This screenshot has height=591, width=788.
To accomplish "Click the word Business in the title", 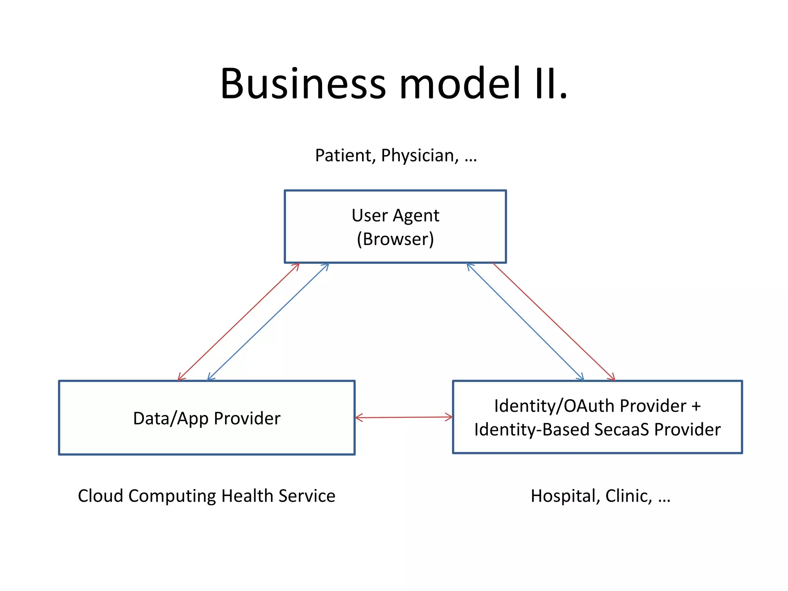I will (x=303, y=84).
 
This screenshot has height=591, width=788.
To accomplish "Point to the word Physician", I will (x=419, y=156).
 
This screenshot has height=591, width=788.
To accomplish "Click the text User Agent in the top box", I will (x=395, y=215).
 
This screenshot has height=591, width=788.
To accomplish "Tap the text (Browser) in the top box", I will (x=395, y=239).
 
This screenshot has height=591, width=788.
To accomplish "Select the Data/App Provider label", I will (x=207, y=418).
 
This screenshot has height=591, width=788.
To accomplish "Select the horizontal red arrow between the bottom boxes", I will (x=404, y=417).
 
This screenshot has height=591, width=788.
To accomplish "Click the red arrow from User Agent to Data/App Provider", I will (x=239, y=322).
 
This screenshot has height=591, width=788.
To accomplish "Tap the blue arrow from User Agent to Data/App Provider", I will (x=268, y=322).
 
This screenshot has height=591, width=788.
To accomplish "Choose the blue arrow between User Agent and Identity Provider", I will (x=525, y=322).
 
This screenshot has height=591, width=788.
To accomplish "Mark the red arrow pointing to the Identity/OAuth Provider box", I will (x=554, y=322).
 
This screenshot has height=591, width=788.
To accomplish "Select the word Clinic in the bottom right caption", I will (x=628, y=496).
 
